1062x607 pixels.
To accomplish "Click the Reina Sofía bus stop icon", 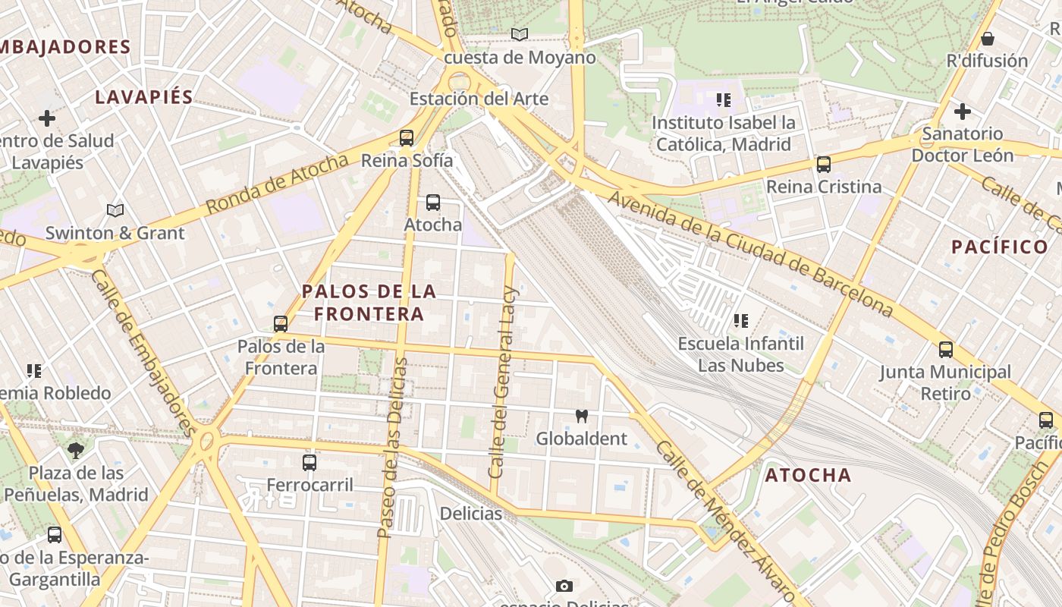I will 407,137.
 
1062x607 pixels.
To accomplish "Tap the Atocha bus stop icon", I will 433,203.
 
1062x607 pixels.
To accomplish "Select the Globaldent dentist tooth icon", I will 582,416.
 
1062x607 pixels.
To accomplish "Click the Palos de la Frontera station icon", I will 281,324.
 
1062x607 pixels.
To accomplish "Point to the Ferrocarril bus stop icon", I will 309,462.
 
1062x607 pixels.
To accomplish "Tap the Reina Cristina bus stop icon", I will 824,164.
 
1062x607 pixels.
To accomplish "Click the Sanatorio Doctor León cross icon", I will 963,112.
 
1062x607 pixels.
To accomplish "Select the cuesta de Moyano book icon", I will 520,34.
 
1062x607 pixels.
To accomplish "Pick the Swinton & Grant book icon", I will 115,210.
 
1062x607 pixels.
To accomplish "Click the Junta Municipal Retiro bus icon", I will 946,349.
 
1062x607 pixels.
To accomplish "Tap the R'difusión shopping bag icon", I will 988,39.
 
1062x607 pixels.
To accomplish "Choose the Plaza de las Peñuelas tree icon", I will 76,451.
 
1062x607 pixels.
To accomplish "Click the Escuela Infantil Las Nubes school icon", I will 741,321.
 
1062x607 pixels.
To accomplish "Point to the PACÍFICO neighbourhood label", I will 999,247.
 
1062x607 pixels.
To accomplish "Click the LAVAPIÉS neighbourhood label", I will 144,97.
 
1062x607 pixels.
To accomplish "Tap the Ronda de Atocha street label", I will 277,183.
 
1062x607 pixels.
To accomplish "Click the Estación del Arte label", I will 479,99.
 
